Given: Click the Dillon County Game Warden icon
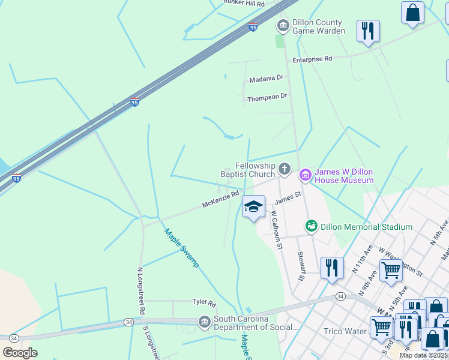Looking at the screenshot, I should tap(283, 26).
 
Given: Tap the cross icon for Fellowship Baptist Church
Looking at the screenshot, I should tap(285, 169).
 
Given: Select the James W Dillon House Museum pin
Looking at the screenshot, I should tap(305, 174).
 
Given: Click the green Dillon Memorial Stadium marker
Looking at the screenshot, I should tap(312, 226).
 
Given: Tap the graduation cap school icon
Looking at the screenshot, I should tap(253, 207).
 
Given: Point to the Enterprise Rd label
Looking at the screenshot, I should tap(312, 59).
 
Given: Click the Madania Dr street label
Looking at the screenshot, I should tap(266, 79).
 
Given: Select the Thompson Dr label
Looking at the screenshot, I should tap(267, 97).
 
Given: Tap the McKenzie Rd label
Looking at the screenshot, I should tap(220, 200).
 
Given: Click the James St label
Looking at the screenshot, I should tap(288, 197).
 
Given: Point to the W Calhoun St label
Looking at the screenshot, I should tap(276, 229).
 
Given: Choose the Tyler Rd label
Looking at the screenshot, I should tap(203, 302).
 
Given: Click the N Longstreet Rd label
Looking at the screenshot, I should tap(141, 292).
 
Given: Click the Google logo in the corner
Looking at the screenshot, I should tap(20, 352).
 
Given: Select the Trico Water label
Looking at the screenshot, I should tap(345, 331).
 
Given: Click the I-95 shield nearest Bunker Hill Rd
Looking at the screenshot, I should tap(253, 27).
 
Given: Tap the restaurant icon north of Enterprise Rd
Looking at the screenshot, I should tap(367, 31).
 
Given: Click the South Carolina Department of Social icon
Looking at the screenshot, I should tap(205, 322).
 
